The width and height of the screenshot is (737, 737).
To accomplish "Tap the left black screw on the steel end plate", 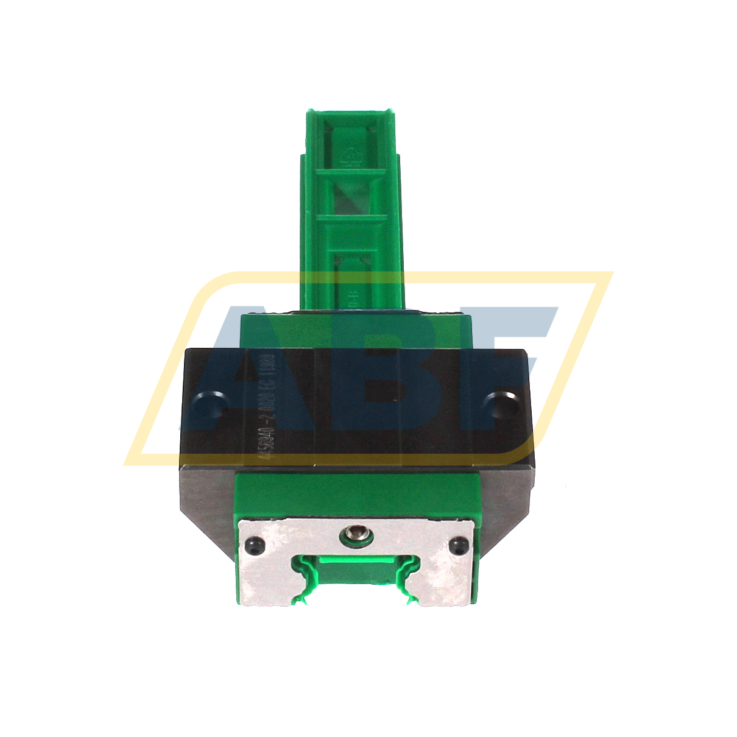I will (x=253, y=545).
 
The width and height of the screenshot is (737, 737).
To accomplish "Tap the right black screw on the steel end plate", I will (x=460, y=545).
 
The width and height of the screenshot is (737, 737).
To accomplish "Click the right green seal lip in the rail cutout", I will (x=407, y=579).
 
